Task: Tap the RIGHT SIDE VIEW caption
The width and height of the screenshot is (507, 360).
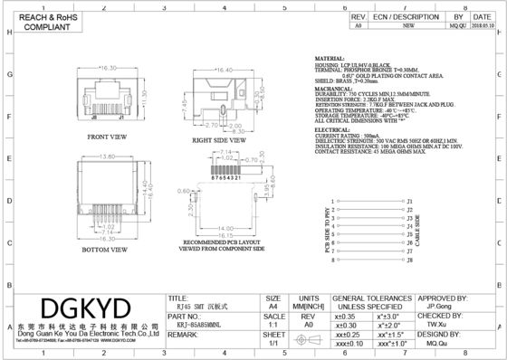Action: click(216, 141)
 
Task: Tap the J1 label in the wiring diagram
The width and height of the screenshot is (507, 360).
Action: click(410, 201)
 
